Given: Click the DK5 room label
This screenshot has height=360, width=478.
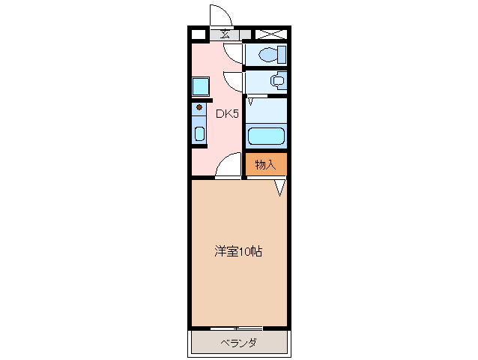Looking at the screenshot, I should tap(227, 114).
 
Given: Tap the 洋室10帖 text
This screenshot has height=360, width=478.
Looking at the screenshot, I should tap(238, 252).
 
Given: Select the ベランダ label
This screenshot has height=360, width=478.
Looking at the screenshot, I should tap(239, 343).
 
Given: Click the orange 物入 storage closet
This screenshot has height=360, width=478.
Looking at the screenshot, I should tap(266, 164).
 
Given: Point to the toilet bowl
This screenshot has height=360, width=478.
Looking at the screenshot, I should tap(270, 54).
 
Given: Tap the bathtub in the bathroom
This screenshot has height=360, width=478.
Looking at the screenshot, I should tap(266, 136).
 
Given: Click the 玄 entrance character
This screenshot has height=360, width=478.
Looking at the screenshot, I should tap(226, 34).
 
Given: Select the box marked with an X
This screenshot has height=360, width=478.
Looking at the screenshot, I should tap(271, 34).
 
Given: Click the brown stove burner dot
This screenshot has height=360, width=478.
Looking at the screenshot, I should tap(199, 107).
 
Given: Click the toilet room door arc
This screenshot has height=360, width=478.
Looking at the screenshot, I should tap(233, 52).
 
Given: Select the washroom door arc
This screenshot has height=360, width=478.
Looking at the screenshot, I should tap(233, 81).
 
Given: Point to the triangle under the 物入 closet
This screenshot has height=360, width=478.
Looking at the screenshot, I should tap(279, 187).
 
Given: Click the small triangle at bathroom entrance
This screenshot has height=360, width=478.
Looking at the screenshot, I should tap(251, 100).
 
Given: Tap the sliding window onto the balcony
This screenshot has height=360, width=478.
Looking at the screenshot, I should tap(237, 328).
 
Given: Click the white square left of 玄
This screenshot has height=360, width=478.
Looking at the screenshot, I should tap(198, 34).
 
